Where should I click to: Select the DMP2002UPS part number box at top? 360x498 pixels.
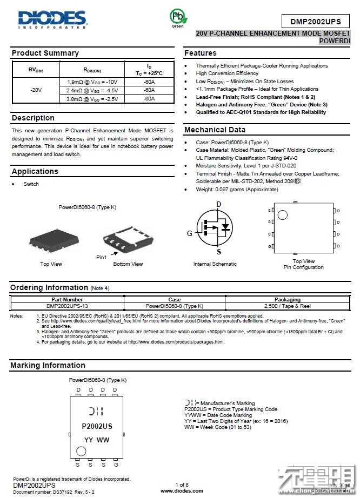pyautogui.click(x=316, y=22)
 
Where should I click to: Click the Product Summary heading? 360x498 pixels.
pyautogui.click(x=45, y=53)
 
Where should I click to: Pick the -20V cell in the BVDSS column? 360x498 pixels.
pyautogui.click(x=36, y=90)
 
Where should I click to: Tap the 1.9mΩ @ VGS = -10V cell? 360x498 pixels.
pyautogui.click(x=92, y=82)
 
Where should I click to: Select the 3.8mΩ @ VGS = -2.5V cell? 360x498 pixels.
pyautogui.click(x=92, y=99)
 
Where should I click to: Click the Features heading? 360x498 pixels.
pyautogui.click(x=200, y=53)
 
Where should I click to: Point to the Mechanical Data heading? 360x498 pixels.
pyautogui.click(x=215, y=130)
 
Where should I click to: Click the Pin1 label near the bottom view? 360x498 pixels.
pyautogui.click(x=101, y=257)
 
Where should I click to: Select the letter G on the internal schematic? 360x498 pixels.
pyautogui.click(x=190, y=233)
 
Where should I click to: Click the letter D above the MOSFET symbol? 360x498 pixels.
pyautogui.click(x=218, y=204)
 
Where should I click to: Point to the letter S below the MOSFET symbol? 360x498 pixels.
pyautogui.click(x=218, y=252)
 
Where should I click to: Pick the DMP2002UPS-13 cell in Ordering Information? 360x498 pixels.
pyautogui.click(x=67, y=306)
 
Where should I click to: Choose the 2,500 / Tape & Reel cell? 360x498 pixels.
pyautogui.click(x=287, y=306)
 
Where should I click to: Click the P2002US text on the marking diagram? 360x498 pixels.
pyautogui.click(x=97, y=426)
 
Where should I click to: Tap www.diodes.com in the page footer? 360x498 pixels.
pyautogui.click(x=182, y=491)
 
